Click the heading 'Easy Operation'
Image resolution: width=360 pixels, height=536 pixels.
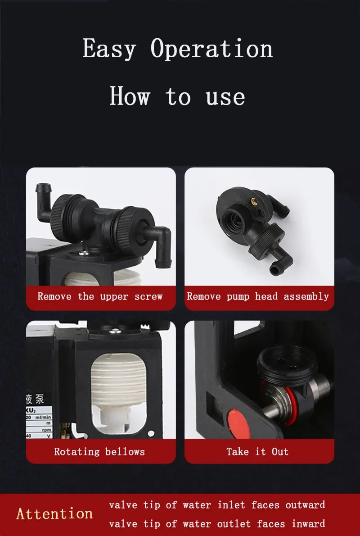point(178,49)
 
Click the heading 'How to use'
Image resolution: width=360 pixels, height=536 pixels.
point(178,96)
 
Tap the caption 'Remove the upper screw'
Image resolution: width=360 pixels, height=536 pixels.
point(100,296)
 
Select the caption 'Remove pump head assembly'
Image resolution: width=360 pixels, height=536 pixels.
point(258,296)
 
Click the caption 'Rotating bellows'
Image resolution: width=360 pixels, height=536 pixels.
point(99,451)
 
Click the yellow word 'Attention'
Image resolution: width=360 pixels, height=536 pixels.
point(54,513)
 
